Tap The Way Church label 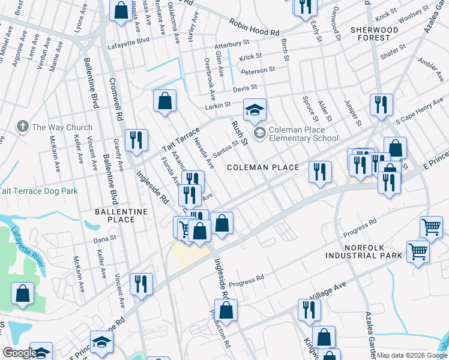pos(62,127)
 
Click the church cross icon pos(22,127)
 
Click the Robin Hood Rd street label pos(255,26)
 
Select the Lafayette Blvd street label pos(128,40)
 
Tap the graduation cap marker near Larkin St pos(255,110)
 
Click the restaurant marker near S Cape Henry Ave pos(381,105)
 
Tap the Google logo pos(20,353)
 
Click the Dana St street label pos(104,239)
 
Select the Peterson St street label pos(258,70)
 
